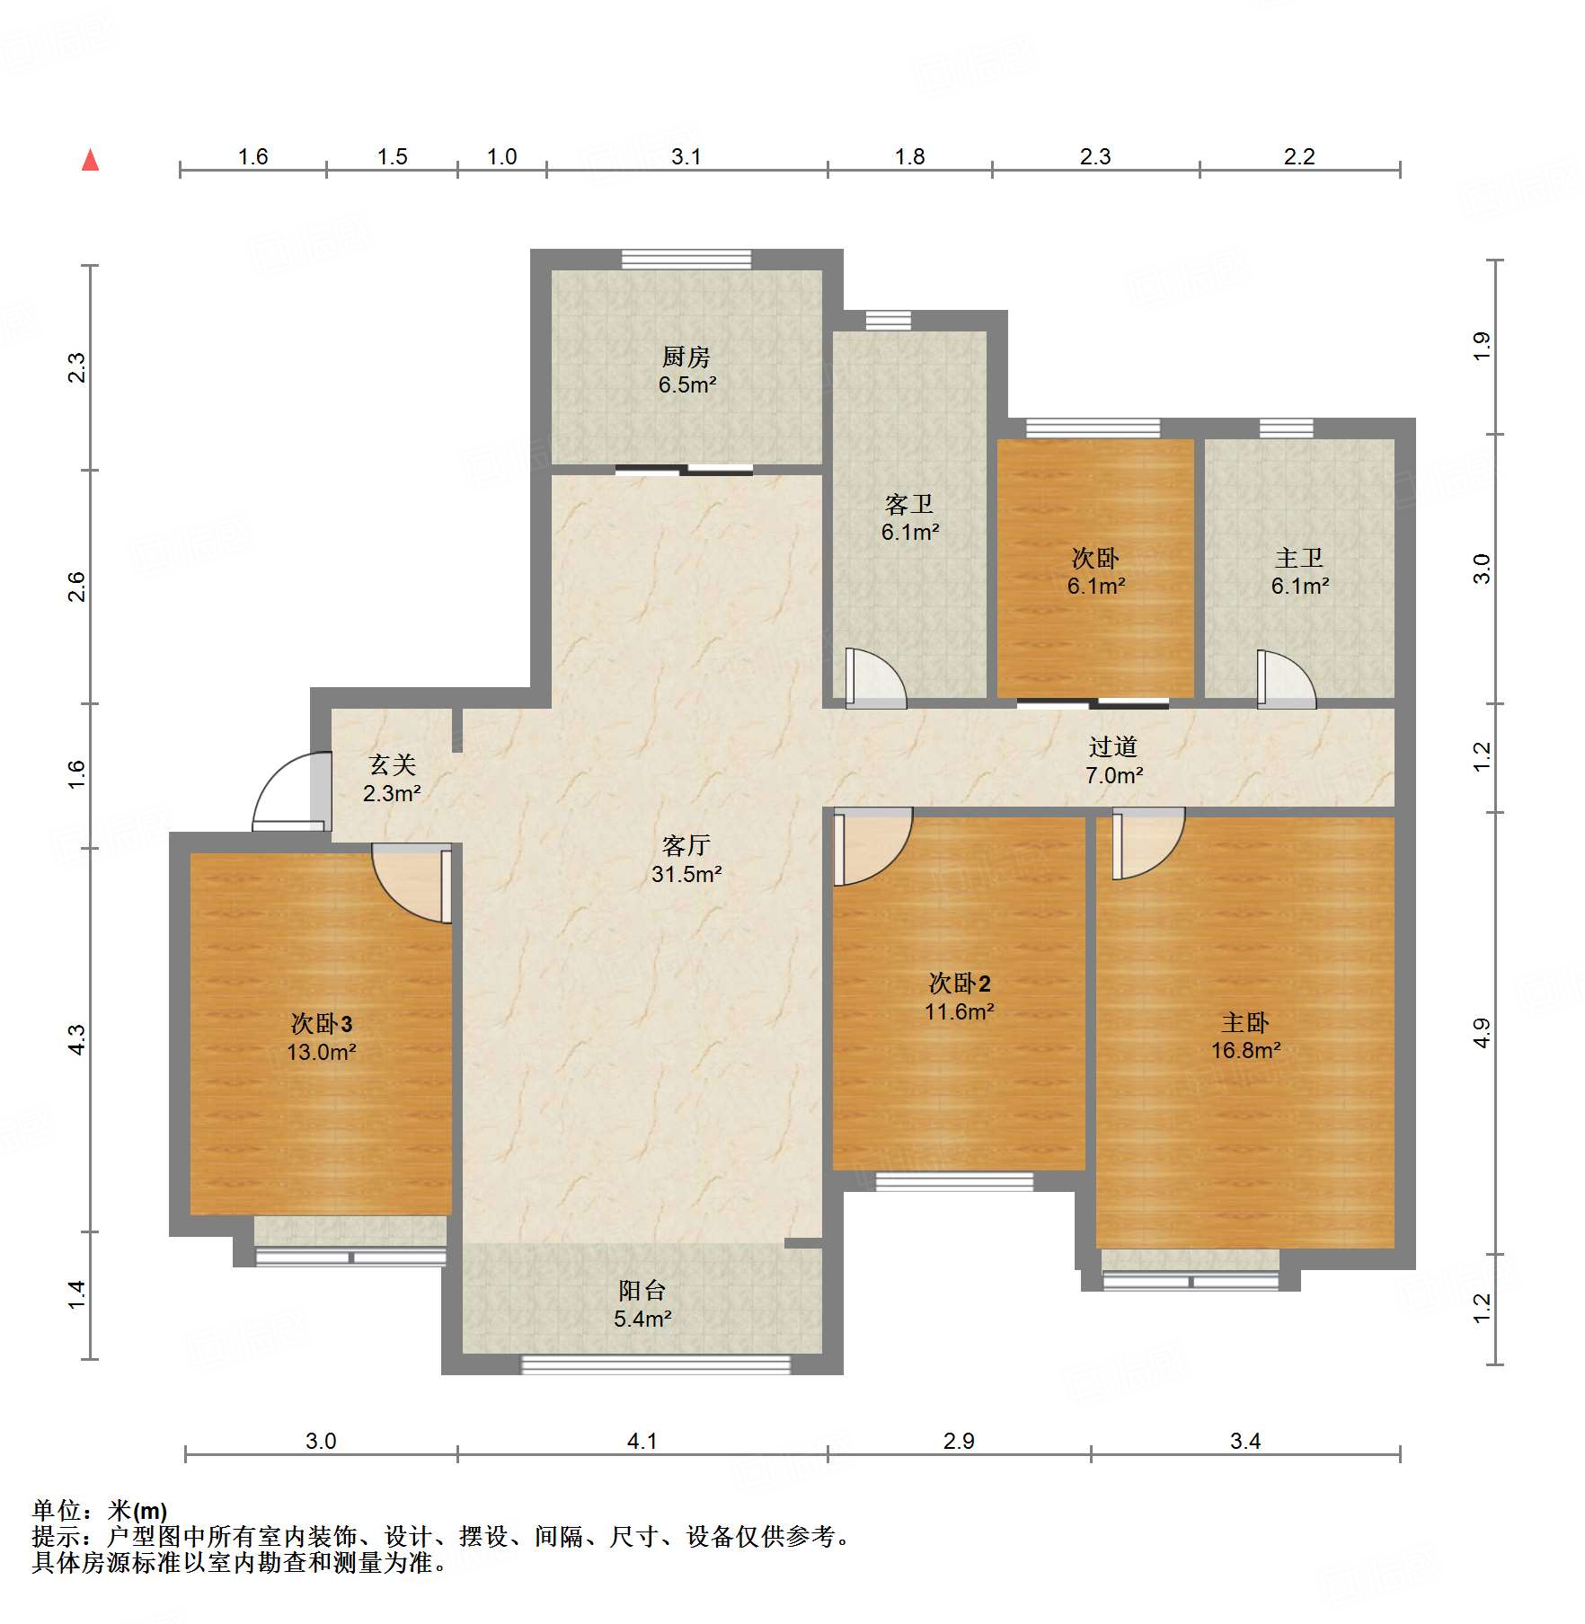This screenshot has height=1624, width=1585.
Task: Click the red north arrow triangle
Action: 90,160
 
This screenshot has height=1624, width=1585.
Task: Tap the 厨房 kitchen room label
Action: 686,357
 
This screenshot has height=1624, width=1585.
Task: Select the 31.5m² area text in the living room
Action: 686,874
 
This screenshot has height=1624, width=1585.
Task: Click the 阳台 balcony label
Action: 642,1291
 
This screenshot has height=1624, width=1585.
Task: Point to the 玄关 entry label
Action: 393,765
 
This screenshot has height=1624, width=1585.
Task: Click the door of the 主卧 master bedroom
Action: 1148,843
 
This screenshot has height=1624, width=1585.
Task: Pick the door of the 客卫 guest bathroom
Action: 875,677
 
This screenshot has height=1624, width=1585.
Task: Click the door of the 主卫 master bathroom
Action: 1287,679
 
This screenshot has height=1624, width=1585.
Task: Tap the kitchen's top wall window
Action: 686,259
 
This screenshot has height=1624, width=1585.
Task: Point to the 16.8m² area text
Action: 1245,1050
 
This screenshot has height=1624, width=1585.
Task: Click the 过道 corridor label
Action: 1113,747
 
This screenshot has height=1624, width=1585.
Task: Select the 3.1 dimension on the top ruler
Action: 686,156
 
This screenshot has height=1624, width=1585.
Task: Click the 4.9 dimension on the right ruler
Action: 1482,1033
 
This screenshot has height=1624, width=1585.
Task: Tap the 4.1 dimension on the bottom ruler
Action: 642,1441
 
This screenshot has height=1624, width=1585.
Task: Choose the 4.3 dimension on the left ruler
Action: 77,1039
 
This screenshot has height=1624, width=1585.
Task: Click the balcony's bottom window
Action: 656,1365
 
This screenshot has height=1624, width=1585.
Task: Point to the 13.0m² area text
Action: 322,1052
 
